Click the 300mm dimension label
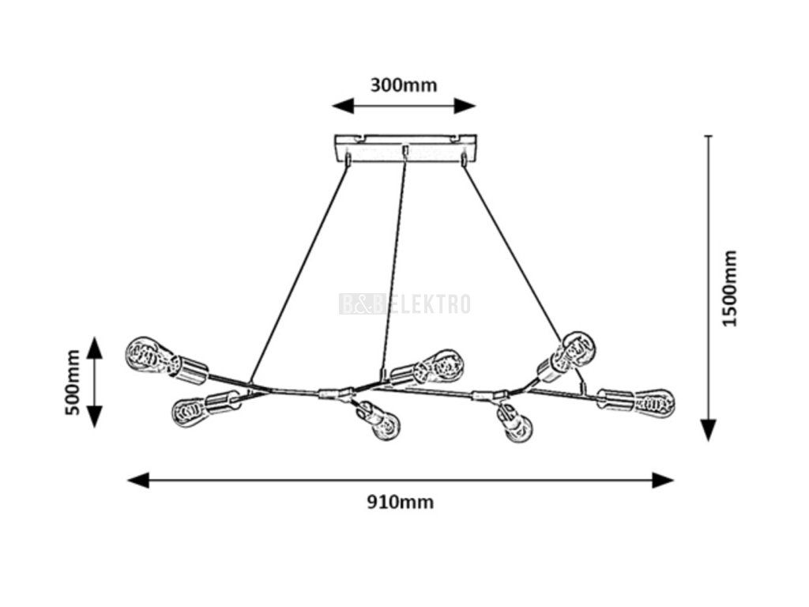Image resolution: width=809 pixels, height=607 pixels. (x=403, y=85)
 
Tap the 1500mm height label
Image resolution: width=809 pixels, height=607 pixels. (x=729, y=288)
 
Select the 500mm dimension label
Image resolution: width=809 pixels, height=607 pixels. (x=72, y=382)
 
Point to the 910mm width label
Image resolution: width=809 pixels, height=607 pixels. (x=401, y=502)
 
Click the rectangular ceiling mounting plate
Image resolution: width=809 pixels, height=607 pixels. (x=405, y=148)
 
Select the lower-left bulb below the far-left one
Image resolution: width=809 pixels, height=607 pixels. (x=190, y=410)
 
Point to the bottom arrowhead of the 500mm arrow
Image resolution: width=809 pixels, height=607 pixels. (x=95, y=417)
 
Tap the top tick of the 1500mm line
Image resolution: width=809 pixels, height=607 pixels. (x=709, y=137)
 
